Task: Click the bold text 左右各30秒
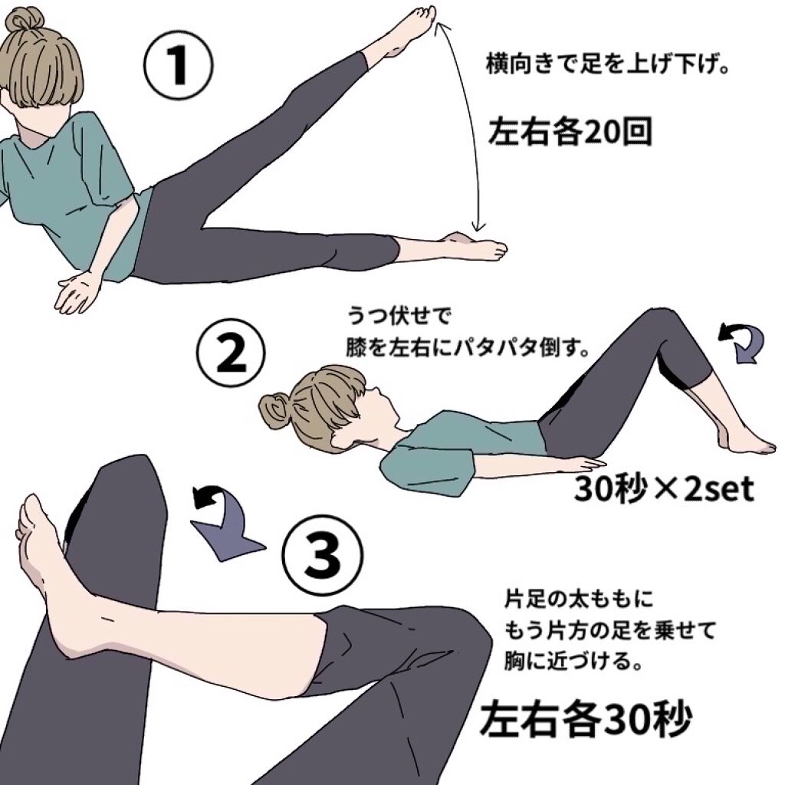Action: (x=586, y=718)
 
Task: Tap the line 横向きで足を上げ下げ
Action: (x=606, y=64)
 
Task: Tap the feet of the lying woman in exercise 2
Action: (x=747, y=440)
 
